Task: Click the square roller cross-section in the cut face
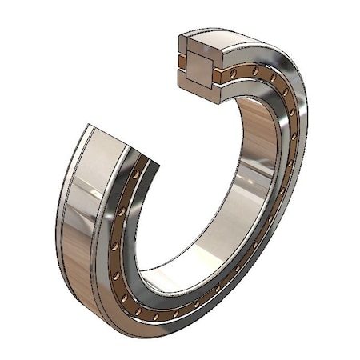pyautogui.click(x=198, y=62)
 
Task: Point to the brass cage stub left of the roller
pyautogui.click(x=182, y=62)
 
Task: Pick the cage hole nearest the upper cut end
pyautogui.click(x=233, y=73)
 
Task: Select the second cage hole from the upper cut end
pyautogui.click(x=254, y=72)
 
